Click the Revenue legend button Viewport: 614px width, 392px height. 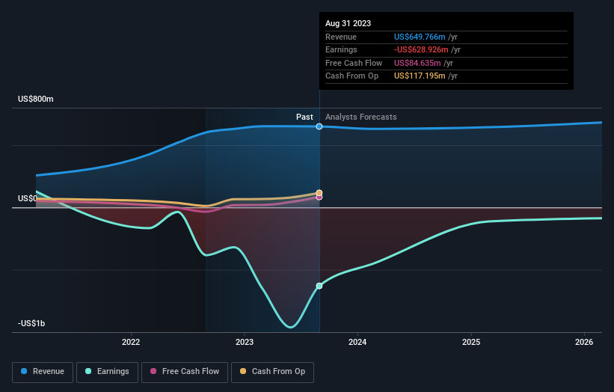(43, 371)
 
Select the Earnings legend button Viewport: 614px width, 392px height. (106, 371)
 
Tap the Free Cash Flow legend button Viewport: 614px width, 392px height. (184, 371)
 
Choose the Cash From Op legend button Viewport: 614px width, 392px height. (272, 371)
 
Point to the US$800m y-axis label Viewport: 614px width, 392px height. (36, 99)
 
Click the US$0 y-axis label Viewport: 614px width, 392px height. (28, 198)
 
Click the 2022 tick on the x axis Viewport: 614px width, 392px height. (131, 342)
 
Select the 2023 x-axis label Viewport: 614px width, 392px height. (245, 342)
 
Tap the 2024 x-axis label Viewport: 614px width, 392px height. (357, 342)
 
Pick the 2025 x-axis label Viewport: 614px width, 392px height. (471, 342)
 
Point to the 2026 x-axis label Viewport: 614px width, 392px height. (584, 342)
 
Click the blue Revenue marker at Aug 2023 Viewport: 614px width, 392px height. (319, 126)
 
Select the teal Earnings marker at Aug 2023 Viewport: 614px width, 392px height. (319, 286)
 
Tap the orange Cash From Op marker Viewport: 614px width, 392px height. (319, 193)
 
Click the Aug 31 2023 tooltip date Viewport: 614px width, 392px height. (348, 24)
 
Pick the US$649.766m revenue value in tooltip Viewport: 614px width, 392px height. (420, 37)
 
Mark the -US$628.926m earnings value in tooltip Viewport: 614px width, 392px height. (421, 49)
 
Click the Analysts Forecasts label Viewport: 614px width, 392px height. (361, 117)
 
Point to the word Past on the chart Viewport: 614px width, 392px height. (304, 117)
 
